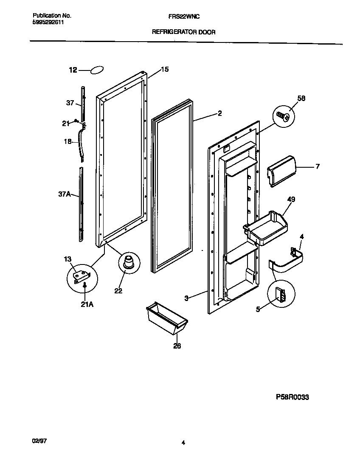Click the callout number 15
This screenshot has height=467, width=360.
[x=165, y=69]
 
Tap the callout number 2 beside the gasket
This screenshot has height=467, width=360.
[x=219, y=113]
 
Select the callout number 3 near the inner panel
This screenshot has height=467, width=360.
[x=186, y=298]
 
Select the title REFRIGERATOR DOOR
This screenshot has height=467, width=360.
[x=183, y=32]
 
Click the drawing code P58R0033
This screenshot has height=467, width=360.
[x=292, y=397]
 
